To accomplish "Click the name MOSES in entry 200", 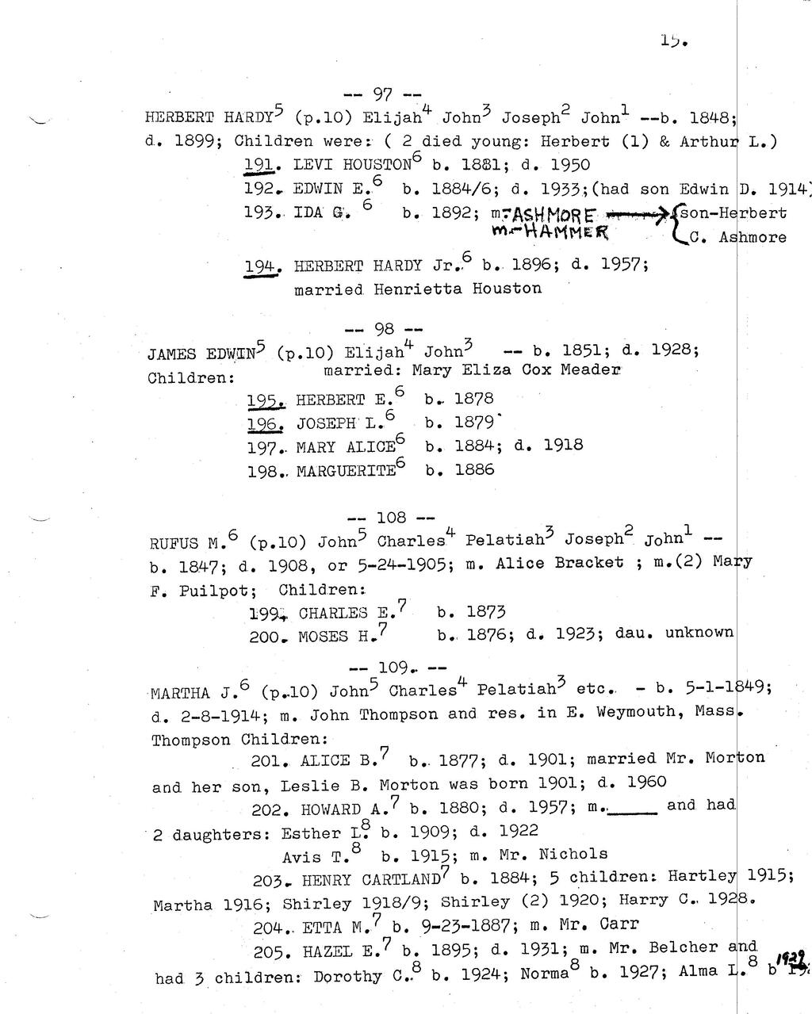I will coord(323,637).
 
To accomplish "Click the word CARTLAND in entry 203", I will coord(400,880).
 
